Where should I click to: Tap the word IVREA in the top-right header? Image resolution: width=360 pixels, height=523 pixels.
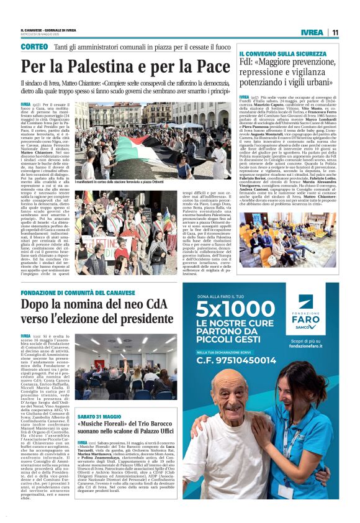[x=312, y=32]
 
